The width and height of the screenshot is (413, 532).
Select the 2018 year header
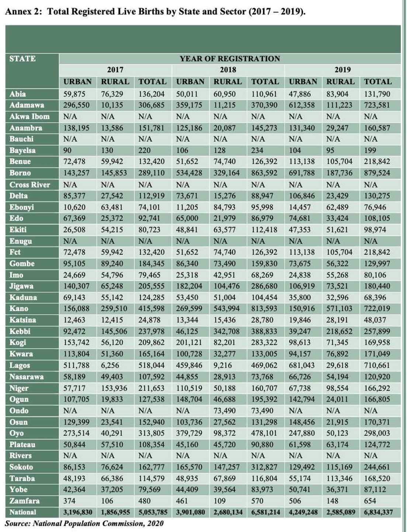tap(228, 70)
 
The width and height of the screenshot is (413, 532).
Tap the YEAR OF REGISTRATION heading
tap(229, 59)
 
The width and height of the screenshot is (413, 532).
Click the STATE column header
tap(22, 59)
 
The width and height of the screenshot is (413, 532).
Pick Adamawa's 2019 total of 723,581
tap(377, 105)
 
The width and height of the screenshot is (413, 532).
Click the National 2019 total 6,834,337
tap(378, 512)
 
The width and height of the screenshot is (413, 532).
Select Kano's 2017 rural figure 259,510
tap(114, 309)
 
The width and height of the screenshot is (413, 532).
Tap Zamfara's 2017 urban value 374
tap(69, 501)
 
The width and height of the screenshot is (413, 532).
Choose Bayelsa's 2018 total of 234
tap(257, 151)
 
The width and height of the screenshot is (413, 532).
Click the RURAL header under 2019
tap(340, 82)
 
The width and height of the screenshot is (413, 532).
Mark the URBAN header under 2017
tap(77, 82)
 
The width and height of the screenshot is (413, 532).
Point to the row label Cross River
tap(29, 185)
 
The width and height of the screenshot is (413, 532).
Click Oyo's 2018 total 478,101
tap(264, 433)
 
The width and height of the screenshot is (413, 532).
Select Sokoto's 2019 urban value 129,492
tap(302, 467)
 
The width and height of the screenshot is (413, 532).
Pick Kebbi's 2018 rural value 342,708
tap(226, 332)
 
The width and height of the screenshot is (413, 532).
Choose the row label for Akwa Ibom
tap(29, 117)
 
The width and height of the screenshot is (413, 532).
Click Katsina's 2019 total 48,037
tap(375, 320)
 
